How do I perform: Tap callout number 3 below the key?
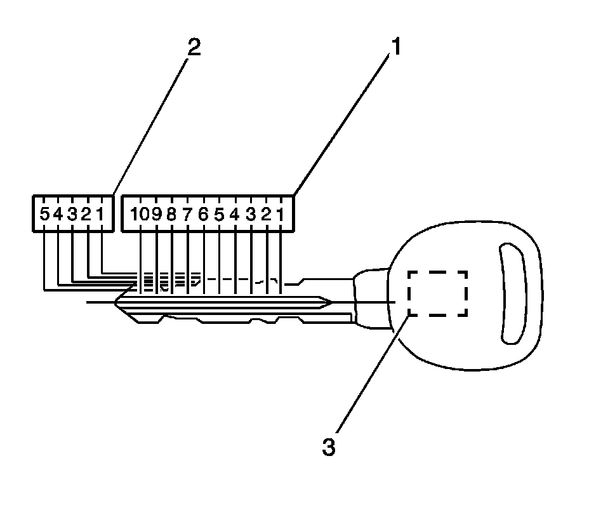328,446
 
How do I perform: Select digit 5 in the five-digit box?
44,214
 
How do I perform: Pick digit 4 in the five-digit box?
58,214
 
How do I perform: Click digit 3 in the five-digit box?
72,214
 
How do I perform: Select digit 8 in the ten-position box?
171,214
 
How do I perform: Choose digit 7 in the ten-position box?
187,214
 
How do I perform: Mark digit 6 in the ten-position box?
203,214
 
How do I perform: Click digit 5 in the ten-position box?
219,214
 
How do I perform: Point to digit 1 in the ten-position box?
281,214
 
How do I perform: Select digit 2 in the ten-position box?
267,214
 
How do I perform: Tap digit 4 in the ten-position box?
235,214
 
